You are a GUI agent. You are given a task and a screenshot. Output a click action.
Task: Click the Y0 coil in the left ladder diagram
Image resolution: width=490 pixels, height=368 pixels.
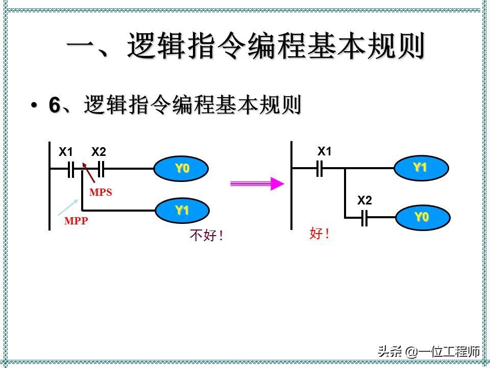[x=182, y=169]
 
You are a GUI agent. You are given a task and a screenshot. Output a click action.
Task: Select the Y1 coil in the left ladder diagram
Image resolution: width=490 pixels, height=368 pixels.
[x=182, y=210]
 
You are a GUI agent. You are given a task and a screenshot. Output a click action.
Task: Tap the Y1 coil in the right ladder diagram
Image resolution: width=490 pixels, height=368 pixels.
[x=421, y=168]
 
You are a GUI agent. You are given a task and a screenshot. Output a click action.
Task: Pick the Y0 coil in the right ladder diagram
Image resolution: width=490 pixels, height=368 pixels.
[x=422, y=217]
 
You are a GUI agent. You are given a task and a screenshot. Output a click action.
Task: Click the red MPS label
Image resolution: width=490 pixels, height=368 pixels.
[x=101, y=193]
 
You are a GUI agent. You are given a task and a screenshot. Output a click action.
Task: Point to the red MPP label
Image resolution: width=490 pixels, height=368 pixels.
[x=76, y=222]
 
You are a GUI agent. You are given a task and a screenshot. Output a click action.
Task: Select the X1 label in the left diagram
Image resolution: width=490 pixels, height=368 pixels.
[x=66, y=152]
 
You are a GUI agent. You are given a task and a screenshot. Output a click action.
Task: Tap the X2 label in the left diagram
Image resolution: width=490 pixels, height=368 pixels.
[x=99, y=152]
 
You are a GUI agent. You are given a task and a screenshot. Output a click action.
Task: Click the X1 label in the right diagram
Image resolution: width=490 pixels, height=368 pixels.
[x=325, y=151]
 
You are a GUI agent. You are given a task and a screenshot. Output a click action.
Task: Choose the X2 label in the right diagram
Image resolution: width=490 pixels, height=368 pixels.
[x=364, y=200]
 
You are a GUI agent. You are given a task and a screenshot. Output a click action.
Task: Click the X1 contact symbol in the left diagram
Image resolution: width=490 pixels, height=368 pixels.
[x=71, y=169]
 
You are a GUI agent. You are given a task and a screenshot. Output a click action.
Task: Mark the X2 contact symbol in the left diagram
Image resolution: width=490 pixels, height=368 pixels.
[x=101, y=169]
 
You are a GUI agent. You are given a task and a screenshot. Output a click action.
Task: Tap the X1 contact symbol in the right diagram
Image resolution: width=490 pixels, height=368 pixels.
[x=320, y=168]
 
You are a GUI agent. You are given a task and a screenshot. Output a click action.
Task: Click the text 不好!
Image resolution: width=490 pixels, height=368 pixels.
[x=207, y=236]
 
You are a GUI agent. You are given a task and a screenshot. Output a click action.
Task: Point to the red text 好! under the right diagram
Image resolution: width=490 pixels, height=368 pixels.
[x=320, y=234]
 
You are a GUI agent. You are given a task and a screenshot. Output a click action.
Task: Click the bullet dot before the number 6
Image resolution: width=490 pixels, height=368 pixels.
[x=34, y=106]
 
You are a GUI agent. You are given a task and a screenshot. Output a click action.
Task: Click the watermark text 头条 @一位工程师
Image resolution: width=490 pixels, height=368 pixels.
[x=429, y=352]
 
